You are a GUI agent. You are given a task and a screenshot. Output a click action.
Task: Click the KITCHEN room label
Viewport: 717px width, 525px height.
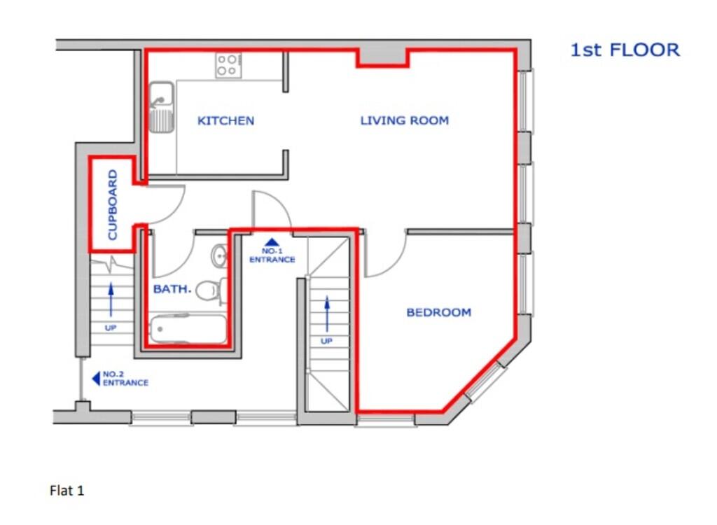[225, 120]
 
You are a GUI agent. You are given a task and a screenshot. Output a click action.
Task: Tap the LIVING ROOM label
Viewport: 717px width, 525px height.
[404, 120]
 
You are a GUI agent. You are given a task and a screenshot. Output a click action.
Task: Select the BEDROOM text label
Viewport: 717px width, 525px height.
[438, 312]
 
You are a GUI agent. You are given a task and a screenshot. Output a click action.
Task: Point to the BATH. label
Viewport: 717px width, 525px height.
[172, 288]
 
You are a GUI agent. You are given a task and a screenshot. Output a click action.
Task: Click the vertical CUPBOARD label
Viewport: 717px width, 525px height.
[113, 205]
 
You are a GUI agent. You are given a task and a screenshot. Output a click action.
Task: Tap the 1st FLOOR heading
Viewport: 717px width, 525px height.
[625, 50]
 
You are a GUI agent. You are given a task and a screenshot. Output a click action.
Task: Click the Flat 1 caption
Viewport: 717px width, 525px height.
[67, 491]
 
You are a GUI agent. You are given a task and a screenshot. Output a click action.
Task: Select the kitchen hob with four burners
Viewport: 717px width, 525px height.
[228, 65]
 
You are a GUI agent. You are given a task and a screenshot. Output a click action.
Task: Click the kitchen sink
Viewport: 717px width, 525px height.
[162, 107]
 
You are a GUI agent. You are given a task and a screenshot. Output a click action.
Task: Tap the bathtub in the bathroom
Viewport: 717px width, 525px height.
[188, 328]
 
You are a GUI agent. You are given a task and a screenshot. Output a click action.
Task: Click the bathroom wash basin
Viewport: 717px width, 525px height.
[220, 255]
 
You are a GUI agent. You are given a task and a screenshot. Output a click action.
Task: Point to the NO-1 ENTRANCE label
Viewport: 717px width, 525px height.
[272, 255]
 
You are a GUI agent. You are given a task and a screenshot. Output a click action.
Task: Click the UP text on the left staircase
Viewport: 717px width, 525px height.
[111, 328]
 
